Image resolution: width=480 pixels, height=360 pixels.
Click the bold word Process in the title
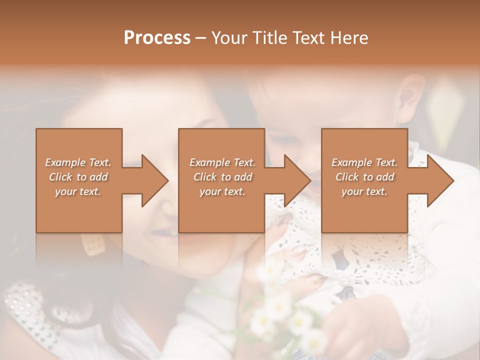[x=157, y=38]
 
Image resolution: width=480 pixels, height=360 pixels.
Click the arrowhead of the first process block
[x=155, y=180]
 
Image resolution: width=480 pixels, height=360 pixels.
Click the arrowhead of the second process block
[x=298, y=180]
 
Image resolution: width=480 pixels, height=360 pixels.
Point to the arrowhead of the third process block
[x=440, y=180]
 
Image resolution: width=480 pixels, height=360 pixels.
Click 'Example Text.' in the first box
[x=78, y=162]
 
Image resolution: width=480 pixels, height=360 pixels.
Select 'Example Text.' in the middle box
[x=222, y=162]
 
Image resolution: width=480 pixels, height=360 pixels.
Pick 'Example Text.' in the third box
[x=364, y=162]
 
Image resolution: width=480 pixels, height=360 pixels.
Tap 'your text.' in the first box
[x=78, y=191]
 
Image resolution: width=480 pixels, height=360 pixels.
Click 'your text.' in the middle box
[x=222, y=191]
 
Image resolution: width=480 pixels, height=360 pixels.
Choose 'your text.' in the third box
[x=364, y=191]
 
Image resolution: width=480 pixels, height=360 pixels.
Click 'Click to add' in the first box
[x=78, y=177]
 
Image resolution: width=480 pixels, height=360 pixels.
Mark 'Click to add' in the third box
[x=364, y=177]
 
